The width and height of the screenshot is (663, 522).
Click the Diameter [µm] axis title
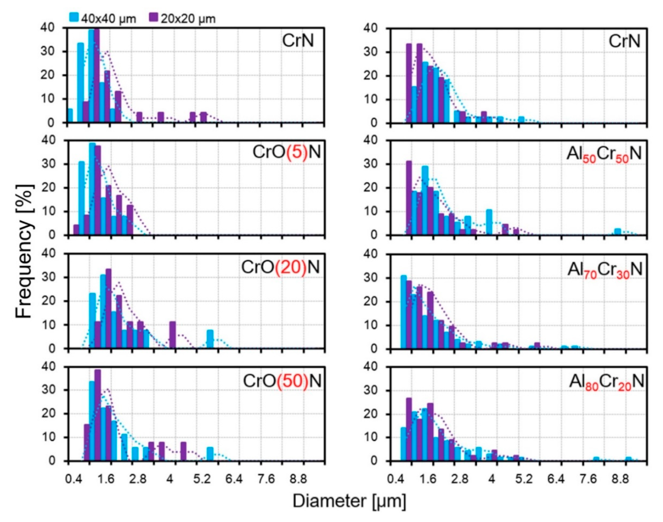click(x=350, y=502)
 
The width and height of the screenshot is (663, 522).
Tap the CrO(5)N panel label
click(x=286, y=152)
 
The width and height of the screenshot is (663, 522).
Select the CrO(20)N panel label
click(x=281, y=267)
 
